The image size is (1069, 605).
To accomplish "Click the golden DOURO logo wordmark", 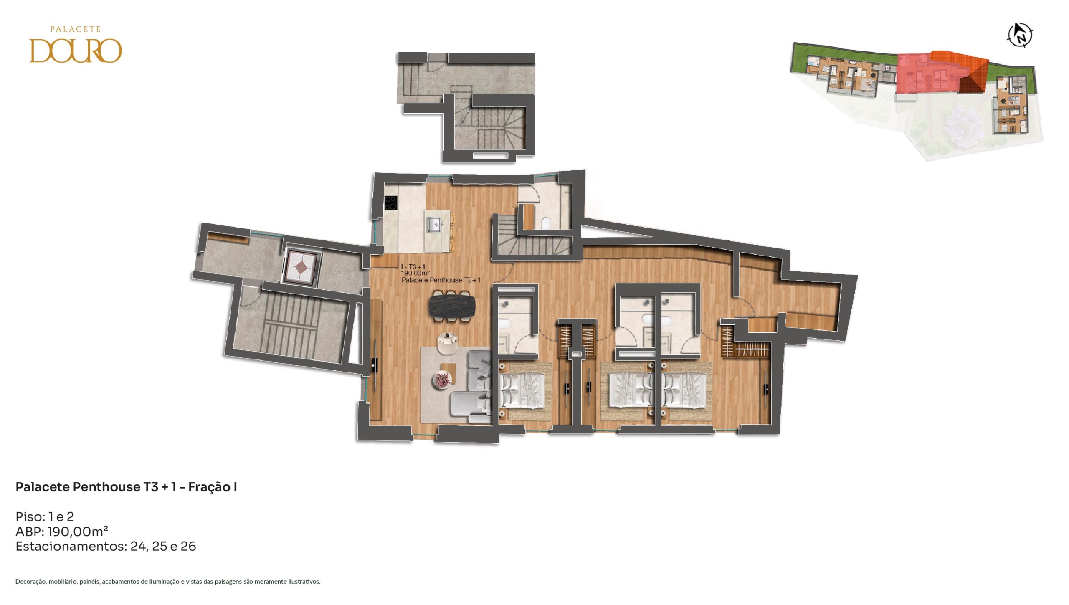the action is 75,51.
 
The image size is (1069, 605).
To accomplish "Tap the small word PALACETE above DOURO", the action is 75,29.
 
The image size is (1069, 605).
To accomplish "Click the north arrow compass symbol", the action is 1020,35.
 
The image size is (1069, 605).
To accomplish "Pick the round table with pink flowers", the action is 442,380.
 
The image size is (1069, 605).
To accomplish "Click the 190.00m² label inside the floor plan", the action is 415,273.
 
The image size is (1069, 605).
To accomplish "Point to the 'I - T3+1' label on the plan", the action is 413,267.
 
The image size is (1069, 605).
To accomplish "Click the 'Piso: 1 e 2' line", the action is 45,517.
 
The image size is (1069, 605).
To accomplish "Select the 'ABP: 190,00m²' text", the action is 62,532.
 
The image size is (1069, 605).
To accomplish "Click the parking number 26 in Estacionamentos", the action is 188,547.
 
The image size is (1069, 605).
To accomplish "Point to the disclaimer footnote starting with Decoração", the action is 168,581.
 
